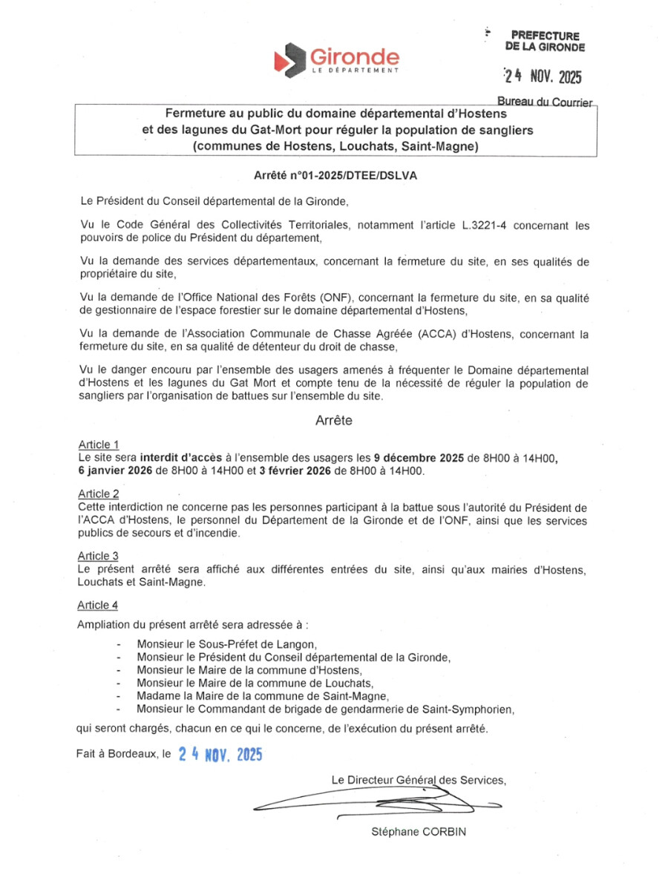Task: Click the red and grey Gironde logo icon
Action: coord(290,59)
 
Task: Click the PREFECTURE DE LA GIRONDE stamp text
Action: coord(545,41)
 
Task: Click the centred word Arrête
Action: coord(333,421)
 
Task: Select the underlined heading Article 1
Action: coord(99,445)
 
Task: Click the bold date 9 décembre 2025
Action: coord(419,457)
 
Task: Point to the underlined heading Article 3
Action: coord(98,555)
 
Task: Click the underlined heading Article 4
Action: coord(98,605)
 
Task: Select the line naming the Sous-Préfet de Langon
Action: coord(227,645)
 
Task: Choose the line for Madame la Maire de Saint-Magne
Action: coord(263,695)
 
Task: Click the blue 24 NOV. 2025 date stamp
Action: coord(220,755)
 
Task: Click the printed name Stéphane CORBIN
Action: coord(419,832)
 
